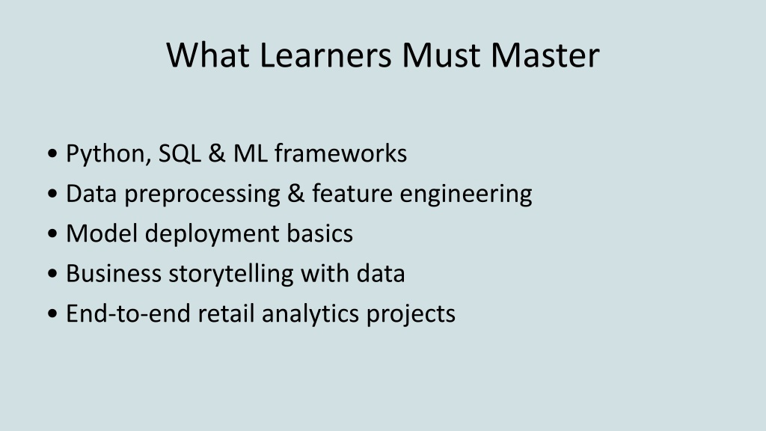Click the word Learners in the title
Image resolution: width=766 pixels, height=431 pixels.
[325, 55]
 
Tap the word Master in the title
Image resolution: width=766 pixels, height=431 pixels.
[545, 55]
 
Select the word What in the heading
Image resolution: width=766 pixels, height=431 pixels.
[208, 55]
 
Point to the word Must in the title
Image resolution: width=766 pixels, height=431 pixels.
[441, 55]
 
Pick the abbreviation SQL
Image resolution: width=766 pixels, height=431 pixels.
[180, 153]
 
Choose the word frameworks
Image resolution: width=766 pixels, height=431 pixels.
[340, 153]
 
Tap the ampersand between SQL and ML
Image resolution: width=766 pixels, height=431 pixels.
[217, 153]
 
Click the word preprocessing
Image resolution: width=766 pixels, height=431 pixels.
[202, 195]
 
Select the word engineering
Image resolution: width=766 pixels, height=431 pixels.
[466, 195]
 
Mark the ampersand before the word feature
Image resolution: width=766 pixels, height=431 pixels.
[296, 194]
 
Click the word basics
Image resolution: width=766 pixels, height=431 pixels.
[319, 233]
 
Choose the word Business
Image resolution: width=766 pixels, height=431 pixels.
[114, 273]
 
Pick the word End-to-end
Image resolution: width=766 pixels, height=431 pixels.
[128, 314]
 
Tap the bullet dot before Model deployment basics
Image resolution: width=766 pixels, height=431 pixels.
[53, 233]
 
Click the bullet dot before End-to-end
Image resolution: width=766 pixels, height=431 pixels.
[53, 314]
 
